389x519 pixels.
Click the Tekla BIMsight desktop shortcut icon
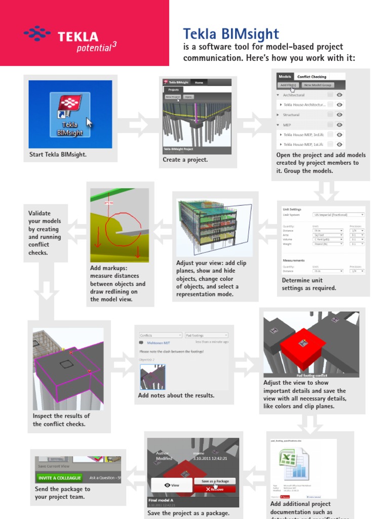[x=70, y=114]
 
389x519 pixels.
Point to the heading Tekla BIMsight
[x=230, y=34]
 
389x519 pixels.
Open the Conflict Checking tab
[x=312, y=77]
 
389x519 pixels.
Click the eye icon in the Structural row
[x=340, y=115]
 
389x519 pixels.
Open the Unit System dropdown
[x=338, y=214]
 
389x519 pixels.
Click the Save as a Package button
[x=215, y=481]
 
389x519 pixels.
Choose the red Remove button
[x=215, y=489]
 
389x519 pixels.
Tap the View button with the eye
[x=172, y=485]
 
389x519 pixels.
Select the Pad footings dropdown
[x=206, y=335]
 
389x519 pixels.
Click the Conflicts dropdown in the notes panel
[x=161, y=335]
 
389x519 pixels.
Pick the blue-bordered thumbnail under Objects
[x=152, y=377]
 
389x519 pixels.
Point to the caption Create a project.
[x=185, y=160]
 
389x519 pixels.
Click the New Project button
[x=172, y=96]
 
